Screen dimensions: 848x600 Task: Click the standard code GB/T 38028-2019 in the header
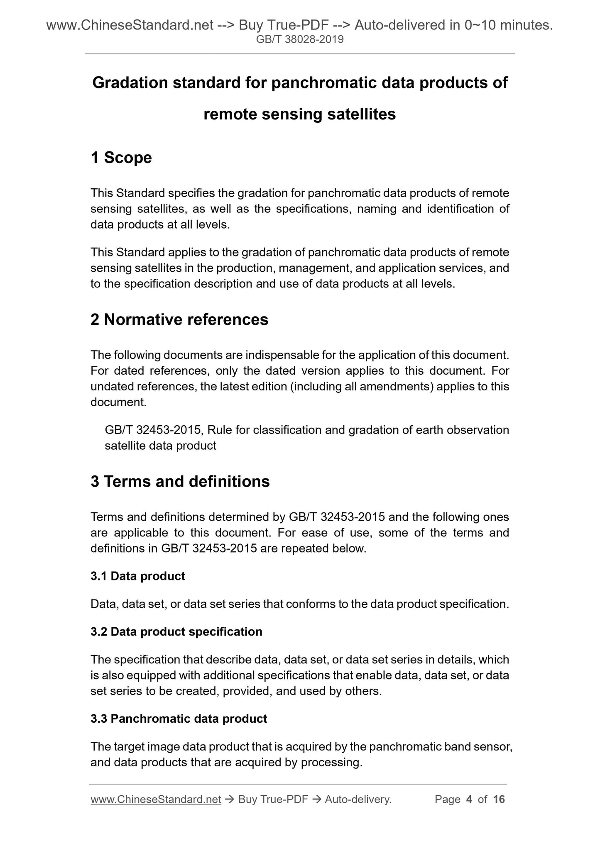(300, 40)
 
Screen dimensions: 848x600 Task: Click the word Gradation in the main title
(129, 83)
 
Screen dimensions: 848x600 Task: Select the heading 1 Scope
(121, 158)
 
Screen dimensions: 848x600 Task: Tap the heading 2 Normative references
(179, 319)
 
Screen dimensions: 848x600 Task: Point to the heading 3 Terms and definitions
(180, 481)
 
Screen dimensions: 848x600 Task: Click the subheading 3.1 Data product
(138, 576)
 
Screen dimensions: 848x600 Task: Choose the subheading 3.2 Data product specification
(176, 631)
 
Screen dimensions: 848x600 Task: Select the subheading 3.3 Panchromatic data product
(179, 719)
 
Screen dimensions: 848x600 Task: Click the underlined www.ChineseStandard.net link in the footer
(156, 799)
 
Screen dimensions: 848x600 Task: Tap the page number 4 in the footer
(469, 799)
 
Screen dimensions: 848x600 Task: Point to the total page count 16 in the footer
(499, 799)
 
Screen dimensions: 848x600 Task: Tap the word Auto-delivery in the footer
(358, 799)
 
